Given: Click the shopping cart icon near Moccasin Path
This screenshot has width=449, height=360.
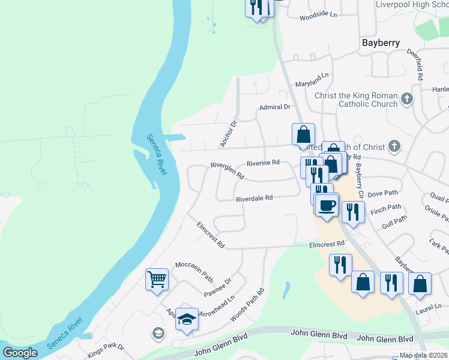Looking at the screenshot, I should pos(157,279).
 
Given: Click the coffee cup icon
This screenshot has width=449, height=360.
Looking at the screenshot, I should pos(327,205).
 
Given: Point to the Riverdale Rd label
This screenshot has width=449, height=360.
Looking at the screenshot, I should pos(254,198).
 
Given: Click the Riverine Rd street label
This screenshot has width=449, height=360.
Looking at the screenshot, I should pos(263,163).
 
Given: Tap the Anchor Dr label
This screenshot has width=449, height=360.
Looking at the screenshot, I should pos(229,134).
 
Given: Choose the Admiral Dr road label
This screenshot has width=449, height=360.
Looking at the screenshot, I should pos(274,107).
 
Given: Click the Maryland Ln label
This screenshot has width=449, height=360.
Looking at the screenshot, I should pos(313,80).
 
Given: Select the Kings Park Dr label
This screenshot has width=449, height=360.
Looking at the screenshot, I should pos(105,350).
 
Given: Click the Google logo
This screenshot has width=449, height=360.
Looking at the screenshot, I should pos(20,353).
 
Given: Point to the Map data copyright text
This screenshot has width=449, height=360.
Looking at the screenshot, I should pos(423,355).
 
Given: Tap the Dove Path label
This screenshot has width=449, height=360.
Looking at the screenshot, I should pos(382,193).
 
